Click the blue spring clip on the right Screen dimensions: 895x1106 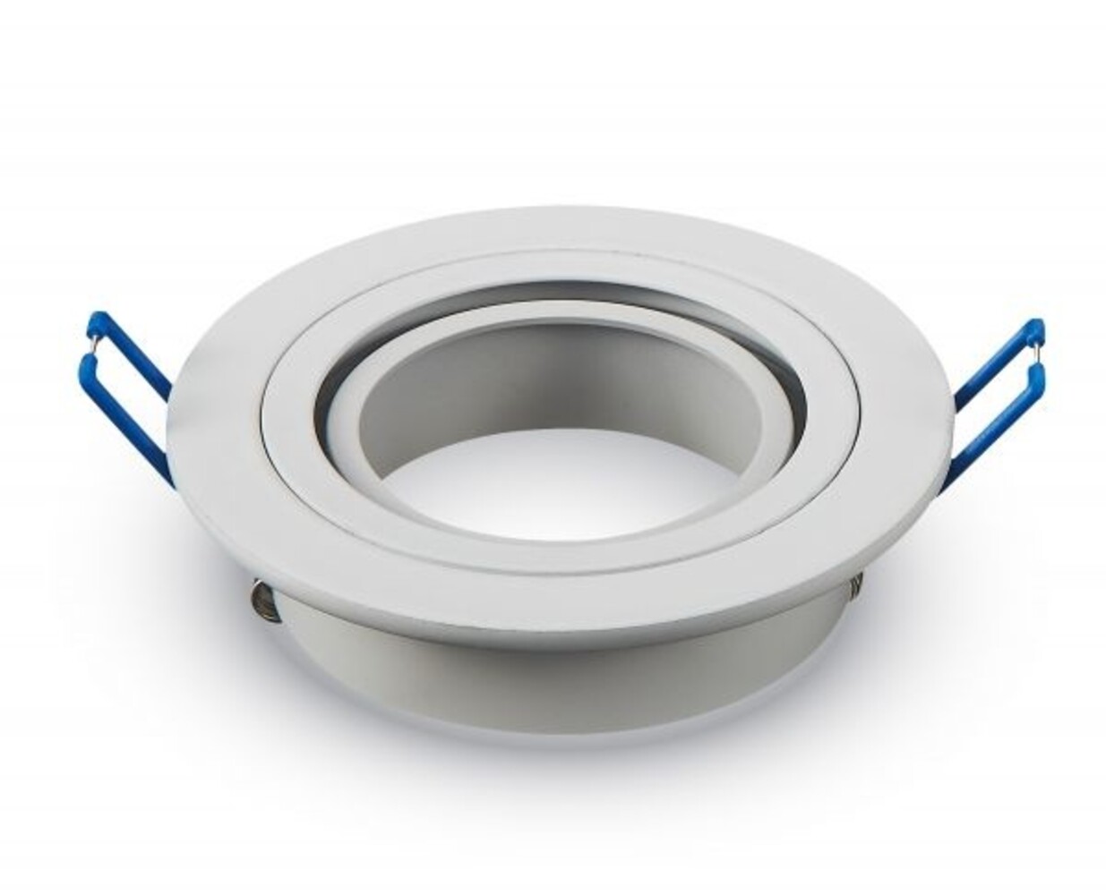point(994,394)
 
